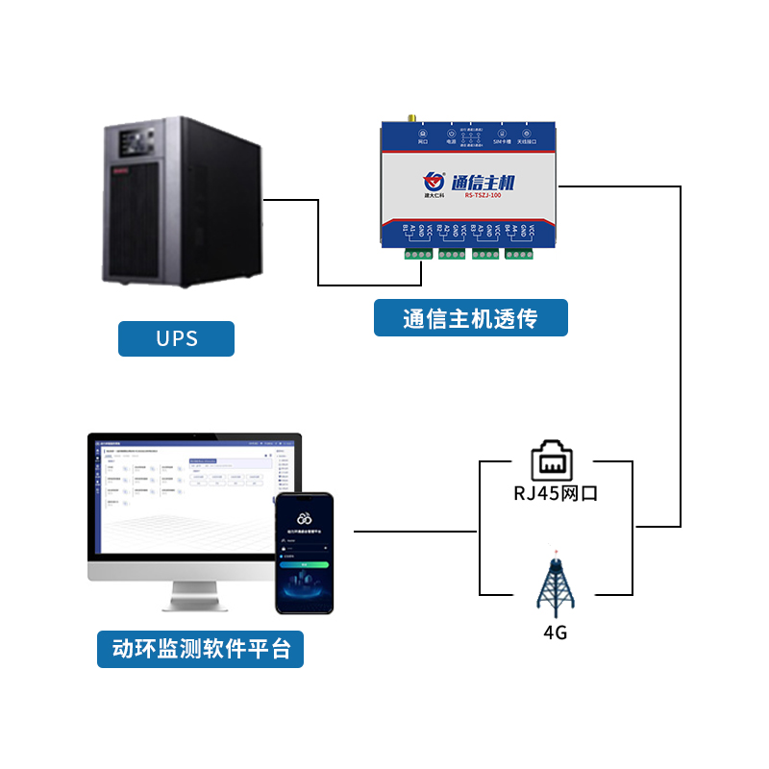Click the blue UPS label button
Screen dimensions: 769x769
pos(176,338)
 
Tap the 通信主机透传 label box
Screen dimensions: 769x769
pos(470,318)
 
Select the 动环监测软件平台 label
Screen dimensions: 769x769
pos(201,649)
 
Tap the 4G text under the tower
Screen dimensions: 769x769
pos(555,633)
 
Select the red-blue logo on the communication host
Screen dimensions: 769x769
pos(434,179)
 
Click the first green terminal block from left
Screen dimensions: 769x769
pos(419,254)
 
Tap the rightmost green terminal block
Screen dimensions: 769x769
pos(520,254)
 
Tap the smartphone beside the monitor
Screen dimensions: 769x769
pos(304,553)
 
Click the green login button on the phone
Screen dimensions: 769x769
pos(304,565)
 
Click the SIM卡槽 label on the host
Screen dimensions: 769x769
pos(500,141)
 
